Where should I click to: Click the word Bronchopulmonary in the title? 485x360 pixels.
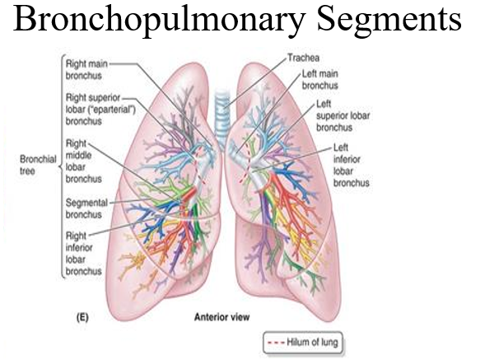159,20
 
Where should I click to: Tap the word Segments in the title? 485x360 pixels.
389,20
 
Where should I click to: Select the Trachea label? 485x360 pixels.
303,58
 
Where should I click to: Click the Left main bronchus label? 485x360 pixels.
319,80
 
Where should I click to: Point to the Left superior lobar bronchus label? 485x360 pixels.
343,115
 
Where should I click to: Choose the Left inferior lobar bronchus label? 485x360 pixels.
352,166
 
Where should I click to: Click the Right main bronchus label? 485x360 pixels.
86,70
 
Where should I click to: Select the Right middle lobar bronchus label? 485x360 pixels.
83,161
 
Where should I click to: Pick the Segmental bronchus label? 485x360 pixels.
86,208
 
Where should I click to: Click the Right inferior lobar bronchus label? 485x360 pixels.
83,254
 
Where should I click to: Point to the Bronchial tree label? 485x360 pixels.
38,165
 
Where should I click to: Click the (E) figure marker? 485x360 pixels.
82,317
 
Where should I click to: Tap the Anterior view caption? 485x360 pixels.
222,317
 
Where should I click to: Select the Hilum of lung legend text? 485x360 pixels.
312,342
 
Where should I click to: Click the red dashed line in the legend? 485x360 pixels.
276,343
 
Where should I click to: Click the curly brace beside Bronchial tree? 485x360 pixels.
62,166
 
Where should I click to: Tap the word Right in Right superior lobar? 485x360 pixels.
76,98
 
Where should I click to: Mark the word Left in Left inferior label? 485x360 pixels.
341,147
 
